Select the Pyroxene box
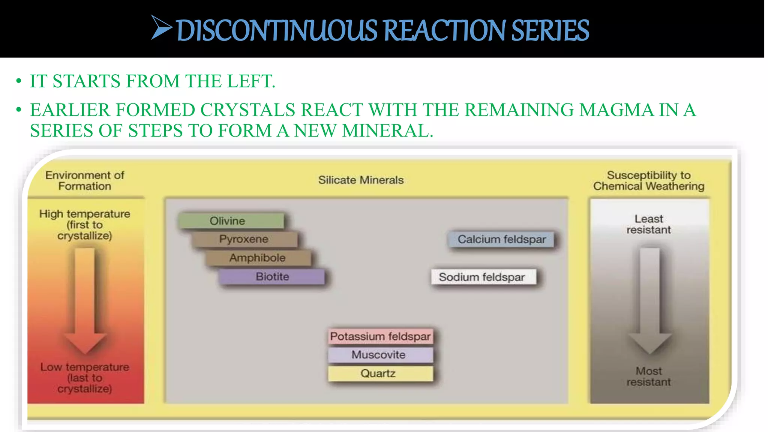[244, 239]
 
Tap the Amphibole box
[258, 258]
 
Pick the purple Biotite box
[272, 276]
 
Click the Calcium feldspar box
[501, 239]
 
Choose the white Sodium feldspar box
[483, 277]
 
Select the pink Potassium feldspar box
[380, 336]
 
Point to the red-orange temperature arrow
[85, 300]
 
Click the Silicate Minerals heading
[361, 180]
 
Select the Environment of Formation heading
[85, 181]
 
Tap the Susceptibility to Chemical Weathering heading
[649, 181]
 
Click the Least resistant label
[649, 224]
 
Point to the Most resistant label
[649, 376]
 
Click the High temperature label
[85, 224]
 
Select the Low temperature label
[85, 377]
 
